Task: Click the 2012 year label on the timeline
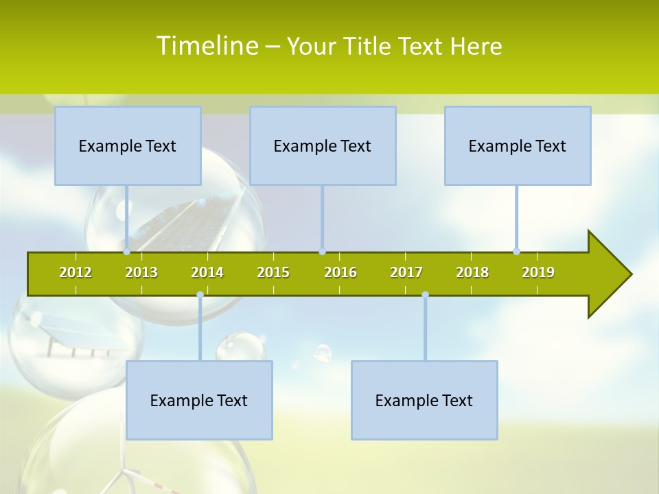click(x=76, y=272)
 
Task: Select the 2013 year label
click(x=141, y=272)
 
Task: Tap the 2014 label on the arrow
click(x=207, y=272)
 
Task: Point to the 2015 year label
click(x=273, y=272)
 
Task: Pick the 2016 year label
click(x=340, y=272)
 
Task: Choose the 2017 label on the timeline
click(x=406, y=272)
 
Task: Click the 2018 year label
click(x=472, y=272)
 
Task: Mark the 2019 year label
click(x=538, y=272)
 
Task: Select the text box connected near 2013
click(x=128, y=146)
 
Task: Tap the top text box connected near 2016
click(x=323, y=146)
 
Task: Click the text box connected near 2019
click(x=518, y=146)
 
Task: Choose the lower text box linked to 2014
click(x=199, y=400)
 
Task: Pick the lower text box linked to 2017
click(x=424, y=400)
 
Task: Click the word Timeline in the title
click(x=207, y=46)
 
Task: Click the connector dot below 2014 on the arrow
click(x=200, y=295)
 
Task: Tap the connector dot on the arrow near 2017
click(x=425, y=295)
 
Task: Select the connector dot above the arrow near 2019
click(x=516, y=251)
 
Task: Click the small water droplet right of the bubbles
click(x=322, y=353)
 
